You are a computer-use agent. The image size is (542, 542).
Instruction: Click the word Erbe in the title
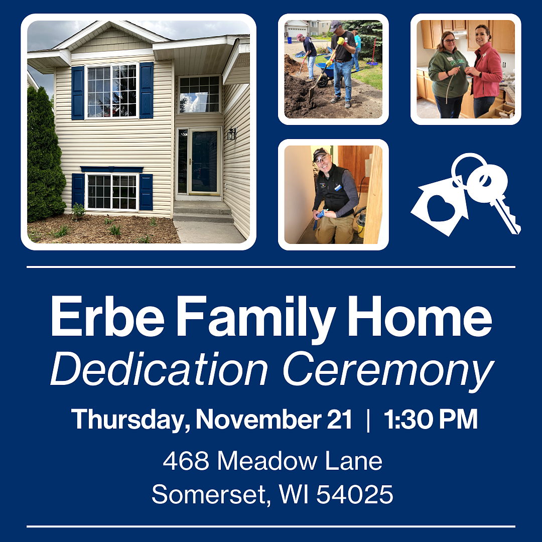107,316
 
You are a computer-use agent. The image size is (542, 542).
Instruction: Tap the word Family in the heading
256,320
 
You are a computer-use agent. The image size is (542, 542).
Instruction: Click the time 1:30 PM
431,419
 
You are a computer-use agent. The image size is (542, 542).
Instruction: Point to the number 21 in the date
339,419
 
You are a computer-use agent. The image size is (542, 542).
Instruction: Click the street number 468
186,461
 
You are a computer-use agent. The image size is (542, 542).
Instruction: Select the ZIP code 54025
355,494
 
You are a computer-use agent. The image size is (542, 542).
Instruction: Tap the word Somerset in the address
209,494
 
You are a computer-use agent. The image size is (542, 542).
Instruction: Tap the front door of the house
204,162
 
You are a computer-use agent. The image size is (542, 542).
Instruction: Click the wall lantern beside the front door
231,133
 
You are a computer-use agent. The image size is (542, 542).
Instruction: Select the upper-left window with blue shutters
112,91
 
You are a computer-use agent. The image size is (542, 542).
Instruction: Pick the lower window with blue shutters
112,192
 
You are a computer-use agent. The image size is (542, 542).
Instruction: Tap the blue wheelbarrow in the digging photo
325,74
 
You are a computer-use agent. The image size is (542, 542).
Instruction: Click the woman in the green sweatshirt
448,75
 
